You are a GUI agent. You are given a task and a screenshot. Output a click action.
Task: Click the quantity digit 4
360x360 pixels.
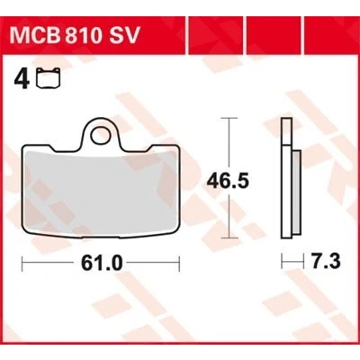pyautogui.click(x=22, y=80)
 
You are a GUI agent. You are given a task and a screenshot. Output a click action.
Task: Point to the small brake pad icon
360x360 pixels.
pyautogui.click(x=49, y=79)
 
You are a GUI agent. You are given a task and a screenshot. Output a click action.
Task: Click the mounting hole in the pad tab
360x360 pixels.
pyautogui.click(x=101, y=135)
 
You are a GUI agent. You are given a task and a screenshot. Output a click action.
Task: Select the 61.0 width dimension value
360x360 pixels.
pyautogui.click(x=102, y=264)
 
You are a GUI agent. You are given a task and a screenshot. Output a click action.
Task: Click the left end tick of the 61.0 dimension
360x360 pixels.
pyautogui.click(x=22, y=264)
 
